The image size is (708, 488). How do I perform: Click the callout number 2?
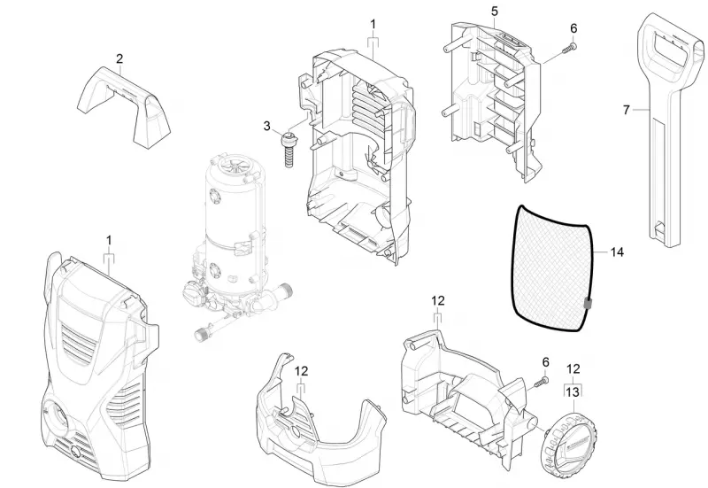(x=119, y=58)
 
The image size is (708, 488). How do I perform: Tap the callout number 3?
(x=267, y=126)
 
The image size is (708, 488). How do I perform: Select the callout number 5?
(x=495, y=11)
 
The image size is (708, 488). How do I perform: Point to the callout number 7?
(x=626, y=110)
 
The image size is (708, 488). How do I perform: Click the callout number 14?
(x=617, y=252)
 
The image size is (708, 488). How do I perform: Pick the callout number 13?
(x=572, y=391)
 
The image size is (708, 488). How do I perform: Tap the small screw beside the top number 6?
(x=569, y=49)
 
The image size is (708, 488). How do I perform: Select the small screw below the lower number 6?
(x=541, y=381)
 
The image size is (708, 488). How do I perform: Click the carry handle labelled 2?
(x=124, y=107)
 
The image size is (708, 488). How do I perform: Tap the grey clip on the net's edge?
(x=588, y=304)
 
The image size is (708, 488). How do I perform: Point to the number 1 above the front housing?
(x=109, y=240)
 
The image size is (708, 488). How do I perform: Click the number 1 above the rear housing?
(x=373, y=24)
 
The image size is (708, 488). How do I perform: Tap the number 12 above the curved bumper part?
(x=301, y=371)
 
